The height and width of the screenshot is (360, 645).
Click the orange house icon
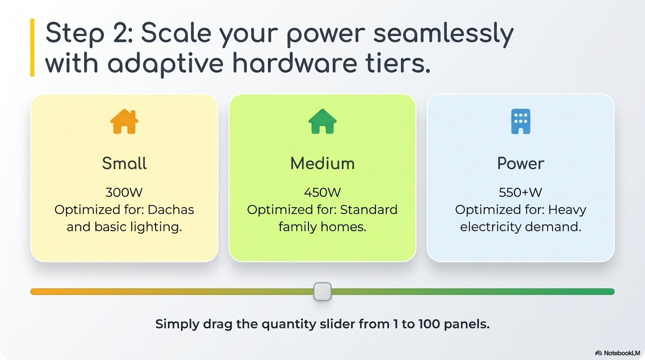(x=124, y=121)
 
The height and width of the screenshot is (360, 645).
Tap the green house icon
(x=322, y=121)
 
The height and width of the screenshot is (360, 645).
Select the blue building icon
(x=521, y=121)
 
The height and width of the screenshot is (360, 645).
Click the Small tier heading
(x=124, y=163)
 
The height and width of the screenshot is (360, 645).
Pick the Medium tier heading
(x=322, y=163)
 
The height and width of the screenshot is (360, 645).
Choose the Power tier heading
(x=521, y=163)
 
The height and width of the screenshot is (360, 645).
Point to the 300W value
(x=124, y=192)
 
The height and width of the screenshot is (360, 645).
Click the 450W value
(x=322, y=192)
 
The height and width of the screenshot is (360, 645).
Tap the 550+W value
(x=521, y=192)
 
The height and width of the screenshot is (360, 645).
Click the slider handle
(x=322, y=292)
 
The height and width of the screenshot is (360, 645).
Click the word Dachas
(x=171, y=210)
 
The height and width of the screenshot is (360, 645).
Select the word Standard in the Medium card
(x=369, y=210)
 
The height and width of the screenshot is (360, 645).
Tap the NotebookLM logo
(x=617, y=353)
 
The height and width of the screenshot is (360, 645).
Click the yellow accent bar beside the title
(x=32, y=47)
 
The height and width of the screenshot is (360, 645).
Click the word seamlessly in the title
(x=443, y=33)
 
